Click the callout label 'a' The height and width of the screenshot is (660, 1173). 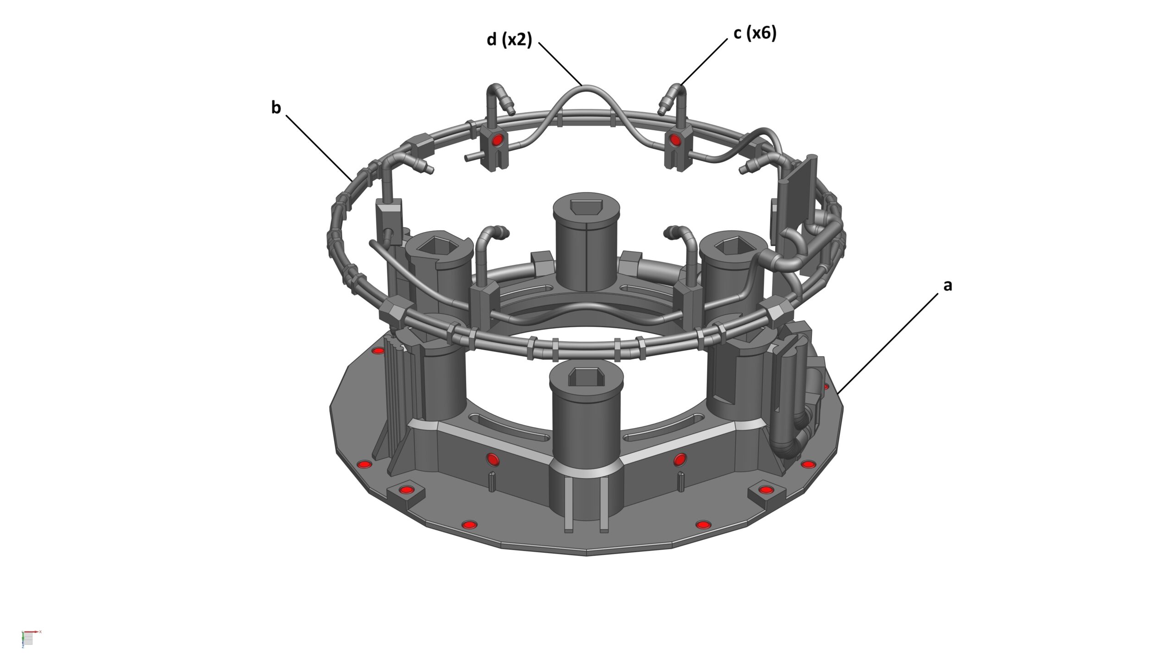pos(948,285)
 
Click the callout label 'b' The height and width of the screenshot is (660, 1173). pos(275,108)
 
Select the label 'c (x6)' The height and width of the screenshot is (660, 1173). pos(755,33)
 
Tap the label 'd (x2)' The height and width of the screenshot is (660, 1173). pos(509,40)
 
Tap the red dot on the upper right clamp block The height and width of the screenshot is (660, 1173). pos(675,139)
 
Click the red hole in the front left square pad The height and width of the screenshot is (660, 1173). pos(405,490)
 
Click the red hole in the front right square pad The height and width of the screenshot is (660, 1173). pos(765,490)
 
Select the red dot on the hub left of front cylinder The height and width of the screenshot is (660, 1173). pos(492,458)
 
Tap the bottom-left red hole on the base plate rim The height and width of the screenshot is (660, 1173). pos(469,524)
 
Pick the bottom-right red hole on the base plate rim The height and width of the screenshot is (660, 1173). pos(702,524)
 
